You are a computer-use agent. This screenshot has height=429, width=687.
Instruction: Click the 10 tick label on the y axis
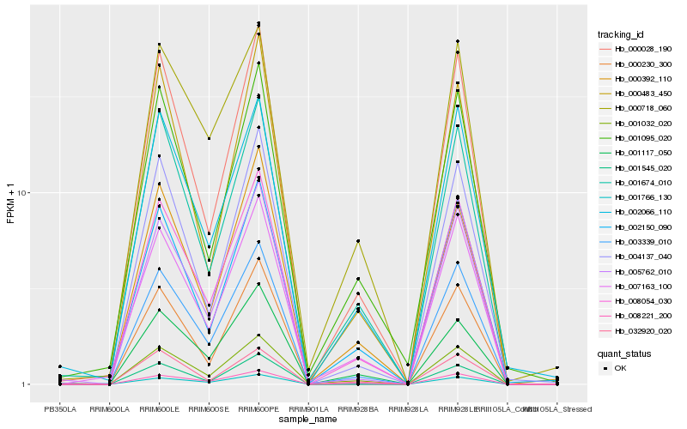coord(24,193)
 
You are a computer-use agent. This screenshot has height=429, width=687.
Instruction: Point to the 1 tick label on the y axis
coord(27,384)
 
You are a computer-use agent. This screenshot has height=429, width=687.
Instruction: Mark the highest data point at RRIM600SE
coord(210,138)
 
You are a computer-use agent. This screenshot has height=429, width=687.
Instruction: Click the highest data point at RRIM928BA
coord(358,241)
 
